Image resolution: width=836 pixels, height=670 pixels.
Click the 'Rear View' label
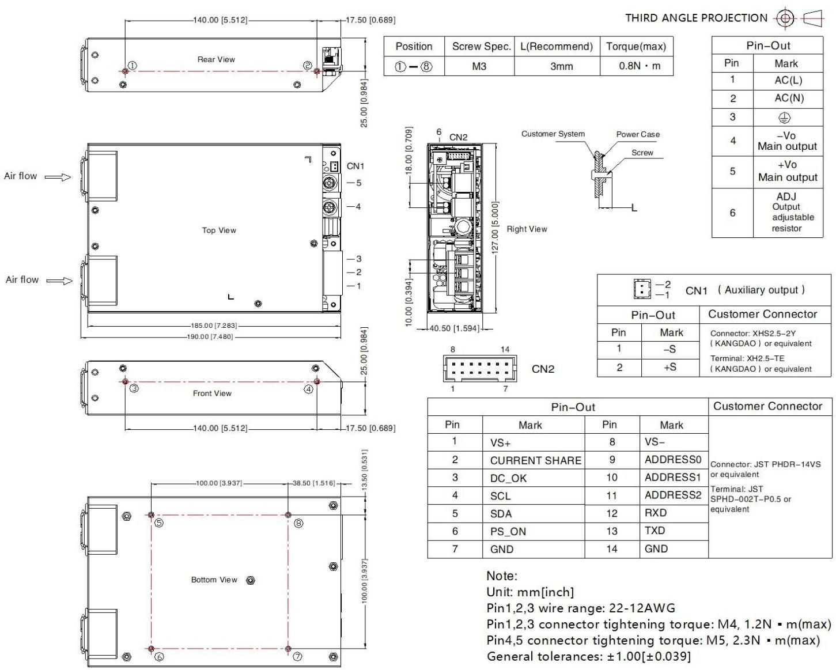216,59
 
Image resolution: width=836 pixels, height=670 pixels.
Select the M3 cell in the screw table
479,66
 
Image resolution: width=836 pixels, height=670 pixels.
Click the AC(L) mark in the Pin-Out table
788,80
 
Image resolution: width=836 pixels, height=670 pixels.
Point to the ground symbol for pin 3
784,118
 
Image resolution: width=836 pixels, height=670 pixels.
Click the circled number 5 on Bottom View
159,523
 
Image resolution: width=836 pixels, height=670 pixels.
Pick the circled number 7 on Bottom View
297,657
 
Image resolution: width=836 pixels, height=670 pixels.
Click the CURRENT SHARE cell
535,460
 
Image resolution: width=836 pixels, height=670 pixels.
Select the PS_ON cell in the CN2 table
508,532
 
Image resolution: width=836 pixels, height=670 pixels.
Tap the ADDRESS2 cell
673,495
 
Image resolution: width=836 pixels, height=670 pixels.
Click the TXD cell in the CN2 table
655,531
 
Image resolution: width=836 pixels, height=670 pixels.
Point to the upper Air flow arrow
58,177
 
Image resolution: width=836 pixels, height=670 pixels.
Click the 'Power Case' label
638,134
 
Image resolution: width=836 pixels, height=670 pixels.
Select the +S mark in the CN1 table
669,367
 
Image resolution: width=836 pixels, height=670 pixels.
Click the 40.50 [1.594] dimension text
454,328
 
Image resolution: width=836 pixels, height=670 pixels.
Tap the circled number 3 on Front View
134,388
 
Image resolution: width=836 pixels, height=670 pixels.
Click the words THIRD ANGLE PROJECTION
696,18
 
